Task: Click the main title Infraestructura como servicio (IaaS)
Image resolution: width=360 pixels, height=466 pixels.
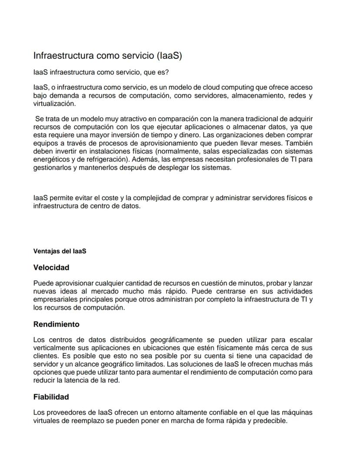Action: pos(107,56)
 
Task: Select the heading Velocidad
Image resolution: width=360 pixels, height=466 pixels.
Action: pos(51,268)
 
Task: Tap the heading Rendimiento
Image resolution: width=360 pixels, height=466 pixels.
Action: pos(56,325)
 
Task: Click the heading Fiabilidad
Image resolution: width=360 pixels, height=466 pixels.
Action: pos(51,397)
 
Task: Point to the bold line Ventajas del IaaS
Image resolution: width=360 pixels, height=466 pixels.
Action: pos(60,251)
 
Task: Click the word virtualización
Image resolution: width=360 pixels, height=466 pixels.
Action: pos(54,104)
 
